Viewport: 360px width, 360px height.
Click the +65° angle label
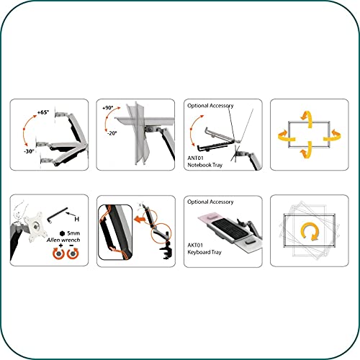43,112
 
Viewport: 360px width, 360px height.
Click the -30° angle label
29,151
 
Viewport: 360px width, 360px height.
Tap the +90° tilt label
108,108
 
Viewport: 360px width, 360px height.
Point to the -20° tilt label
112,133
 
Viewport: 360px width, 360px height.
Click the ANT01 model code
195,158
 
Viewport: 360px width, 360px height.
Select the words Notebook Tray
205,165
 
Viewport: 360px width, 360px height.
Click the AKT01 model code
195,245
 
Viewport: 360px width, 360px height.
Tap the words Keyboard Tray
204,252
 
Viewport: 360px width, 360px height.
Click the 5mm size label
73,233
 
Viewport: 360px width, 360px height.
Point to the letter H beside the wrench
76,219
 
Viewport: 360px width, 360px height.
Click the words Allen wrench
63,240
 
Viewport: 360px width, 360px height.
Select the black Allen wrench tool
58,215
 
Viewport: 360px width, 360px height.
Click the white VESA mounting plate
36,227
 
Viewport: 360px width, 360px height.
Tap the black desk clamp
166,250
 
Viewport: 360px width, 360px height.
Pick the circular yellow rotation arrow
310,231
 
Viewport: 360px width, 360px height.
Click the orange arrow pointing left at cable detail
140,219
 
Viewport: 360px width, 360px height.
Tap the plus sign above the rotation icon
60,246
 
